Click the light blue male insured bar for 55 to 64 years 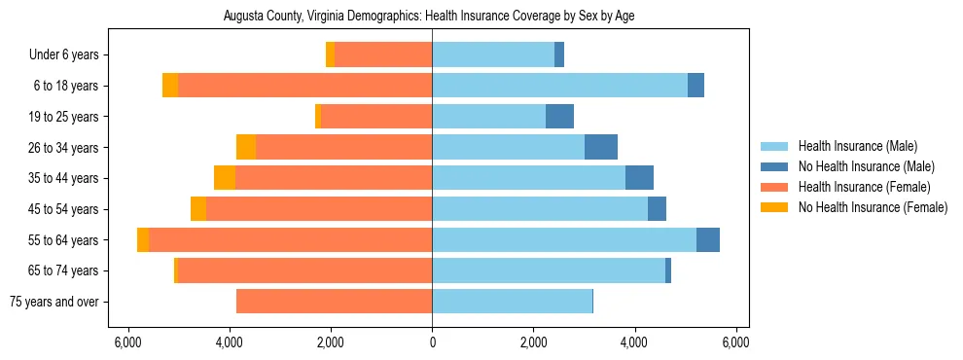click(564, 239)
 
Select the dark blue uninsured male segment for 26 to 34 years click(601, 147)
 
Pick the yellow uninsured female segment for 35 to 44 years click(225, 178)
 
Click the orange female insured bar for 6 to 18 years click(304, 86)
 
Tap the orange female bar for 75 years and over click(334, 302)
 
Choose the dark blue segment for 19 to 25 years click(559, 117)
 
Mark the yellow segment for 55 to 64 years click(143, 239)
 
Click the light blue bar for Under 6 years click(493, 55)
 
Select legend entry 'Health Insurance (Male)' click(857, 146)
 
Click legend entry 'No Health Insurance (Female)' click(873, 207)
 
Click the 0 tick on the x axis click(432, 342)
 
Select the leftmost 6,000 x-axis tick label click(127, 342)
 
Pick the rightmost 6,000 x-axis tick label click(736, 342)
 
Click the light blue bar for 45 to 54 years click(540, 209)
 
